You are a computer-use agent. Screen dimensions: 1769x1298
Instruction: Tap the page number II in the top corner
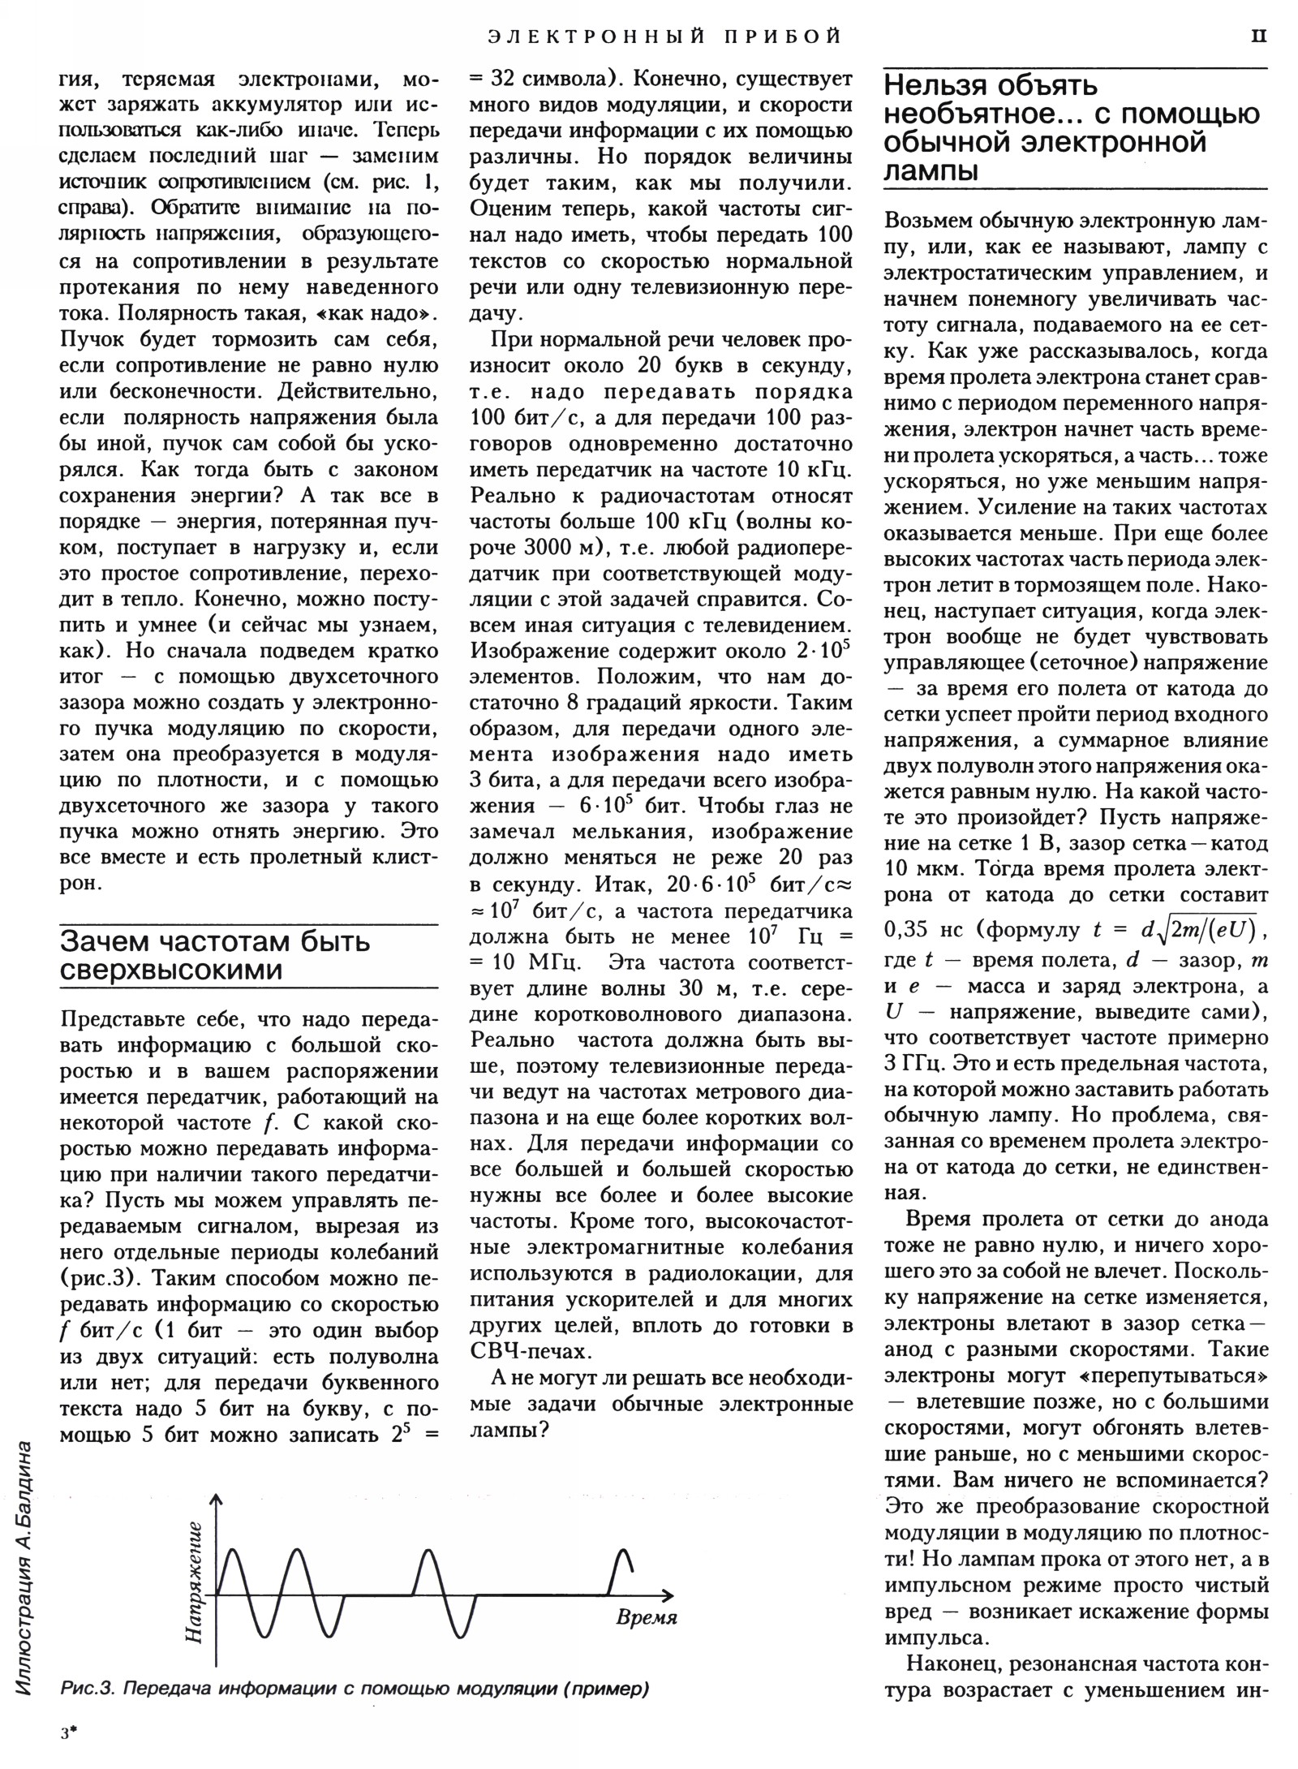(x=1257, y=36)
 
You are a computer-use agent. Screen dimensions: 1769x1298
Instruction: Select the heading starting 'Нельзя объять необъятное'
(x=1071, y=127)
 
